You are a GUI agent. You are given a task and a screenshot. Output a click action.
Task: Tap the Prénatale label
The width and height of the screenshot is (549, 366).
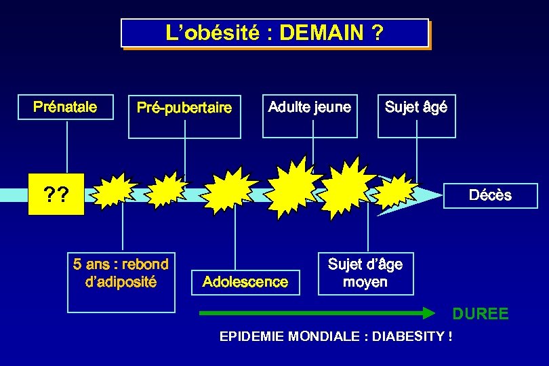tap(65, 106)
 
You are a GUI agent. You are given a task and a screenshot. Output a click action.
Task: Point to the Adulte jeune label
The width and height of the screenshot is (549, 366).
tap(310, 107)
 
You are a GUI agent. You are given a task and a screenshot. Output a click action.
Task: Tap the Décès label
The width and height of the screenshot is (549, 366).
tap(490, 195)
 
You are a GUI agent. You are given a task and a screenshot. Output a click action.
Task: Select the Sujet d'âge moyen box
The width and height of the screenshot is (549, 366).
tap(365, 273)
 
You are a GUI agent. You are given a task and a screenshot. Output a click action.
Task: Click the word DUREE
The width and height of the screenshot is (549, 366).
tap(481, 314)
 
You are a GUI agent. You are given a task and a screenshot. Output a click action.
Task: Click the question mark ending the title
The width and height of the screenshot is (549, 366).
tap(377, 33)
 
